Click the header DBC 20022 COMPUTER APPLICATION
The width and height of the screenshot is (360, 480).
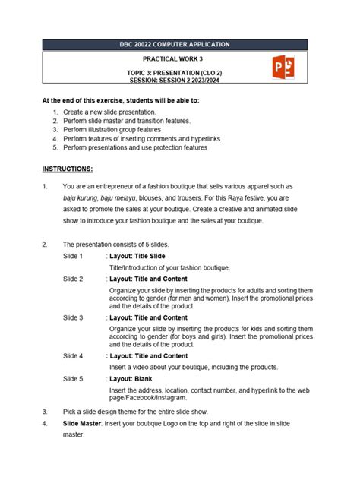[x=180, y=45]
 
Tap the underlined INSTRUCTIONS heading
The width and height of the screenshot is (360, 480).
[x=68, y=169]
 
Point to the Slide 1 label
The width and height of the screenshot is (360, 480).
[x=73, y=257]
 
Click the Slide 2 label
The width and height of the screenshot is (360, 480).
[x=73, y=279]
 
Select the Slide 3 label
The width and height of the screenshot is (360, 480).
[x=73, y=317]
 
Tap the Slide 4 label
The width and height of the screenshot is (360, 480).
[x=73, y=355]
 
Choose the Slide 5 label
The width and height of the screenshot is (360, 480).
[x=73, y=377]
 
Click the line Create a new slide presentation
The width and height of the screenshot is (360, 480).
[x=115, y=112]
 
